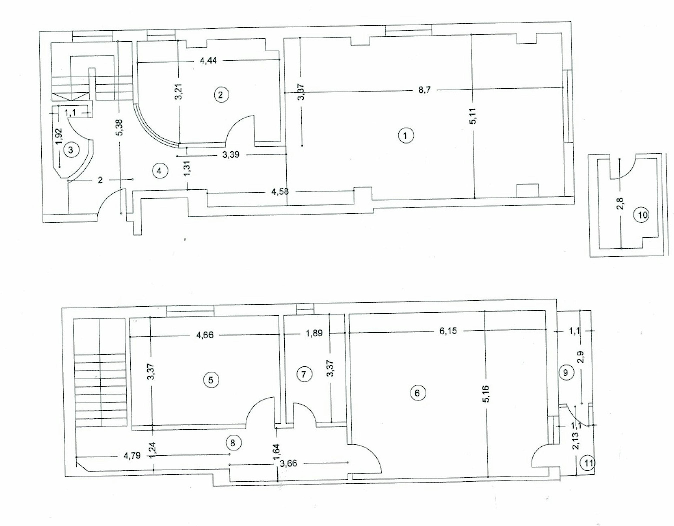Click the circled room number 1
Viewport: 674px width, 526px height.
[x=405, y=135]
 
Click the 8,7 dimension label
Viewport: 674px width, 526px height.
[x=424, y=90]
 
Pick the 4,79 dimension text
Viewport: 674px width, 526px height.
[x=132, y=456]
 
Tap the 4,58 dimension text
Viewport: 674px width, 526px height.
[x=280, y=192]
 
